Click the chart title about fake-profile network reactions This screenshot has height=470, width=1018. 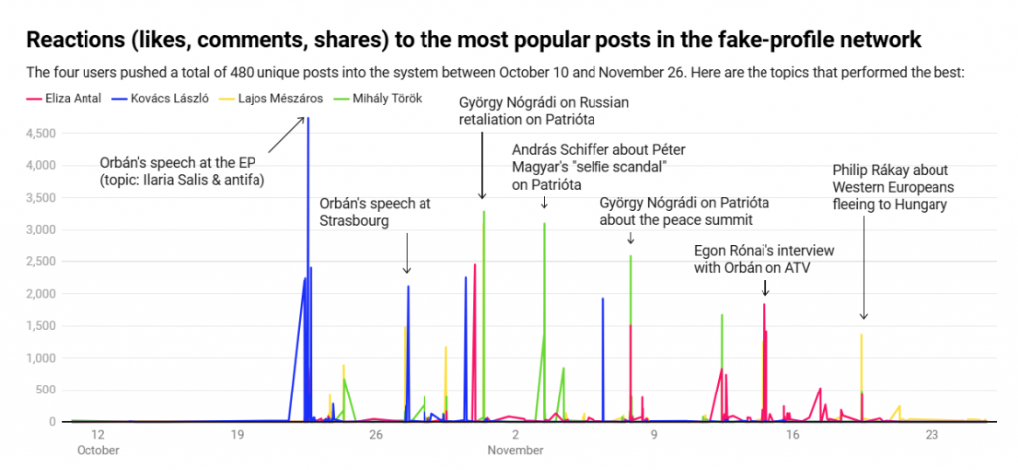coord(473,40)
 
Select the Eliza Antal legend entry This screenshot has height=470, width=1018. coord(66,99)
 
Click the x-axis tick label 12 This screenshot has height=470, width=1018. coord(98,435)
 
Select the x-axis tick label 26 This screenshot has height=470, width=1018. coord(375,435)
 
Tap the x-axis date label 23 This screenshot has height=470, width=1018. coord(932,435)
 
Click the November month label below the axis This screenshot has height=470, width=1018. coord(515,450)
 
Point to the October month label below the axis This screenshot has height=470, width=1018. coord(98,450)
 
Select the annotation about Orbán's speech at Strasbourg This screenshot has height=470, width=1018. coord(375,211)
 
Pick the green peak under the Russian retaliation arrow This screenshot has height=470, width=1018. coord(484,213)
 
